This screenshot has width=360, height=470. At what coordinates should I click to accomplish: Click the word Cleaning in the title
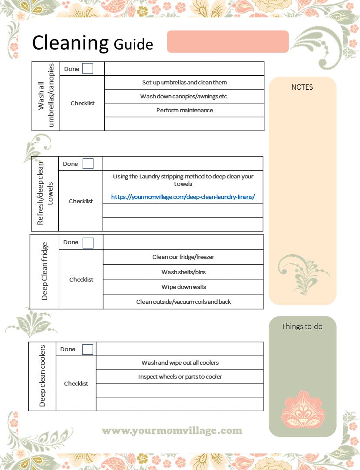click(x=70, y=43)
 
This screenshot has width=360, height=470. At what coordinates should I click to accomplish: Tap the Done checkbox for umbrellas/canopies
click(x=87, y=68)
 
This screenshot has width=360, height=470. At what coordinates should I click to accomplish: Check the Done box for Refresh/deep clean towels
click(x=88, y=164)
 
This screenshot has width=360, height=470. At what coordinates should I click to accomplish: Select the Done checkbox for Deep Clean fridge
click(x=88, y=242)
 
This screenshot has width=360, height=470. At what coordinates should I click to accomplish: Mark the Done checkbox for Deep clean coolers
click(x=87, y=349)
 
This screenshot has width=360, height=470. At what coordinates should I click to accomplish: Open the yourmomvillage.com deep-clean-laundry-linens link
click(x=183, y=197)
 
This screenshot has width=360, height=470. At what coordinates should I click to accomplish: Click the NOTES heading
click(x=302, y=87)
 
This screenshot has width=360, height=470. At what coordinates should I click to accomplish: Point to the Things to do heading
click(x=302, y=326)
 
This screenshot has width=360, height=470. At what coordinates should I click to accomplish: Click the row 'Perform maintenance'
click(x=184, y=110)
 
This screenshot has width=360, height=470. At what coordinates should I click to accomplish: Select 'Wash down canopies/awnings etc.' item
click(x=184, y=96)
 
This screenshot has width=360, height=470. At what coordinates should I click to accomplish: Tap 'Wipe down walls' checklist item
click(x=183, y=287)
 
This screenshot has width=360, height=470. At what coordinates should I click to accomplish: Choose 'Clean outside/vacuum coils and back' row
click(x=183, y=302)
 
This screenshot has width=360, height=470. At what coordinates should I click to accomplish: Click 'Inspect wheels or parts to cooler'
click(x=180, y=376)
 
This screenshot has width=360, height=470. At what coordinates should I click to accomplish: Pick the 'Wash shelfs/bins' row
click(x=183, y=272)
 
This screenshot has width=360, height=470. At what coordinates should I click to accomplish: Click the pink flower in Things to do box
click(x=303, y=409)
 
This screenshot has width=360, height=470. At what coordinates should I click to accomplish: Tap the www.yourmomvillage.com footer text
click(x=172, y=431)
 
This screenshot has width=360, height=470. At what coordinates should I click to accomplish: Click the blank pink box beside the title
click(x=227, y=41)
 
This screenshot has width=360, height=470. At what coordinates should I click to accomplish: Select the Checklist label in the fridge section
click(x=81, y=279)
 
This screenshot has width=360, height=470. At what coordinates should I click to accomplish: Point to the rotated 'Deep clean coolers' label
click(x=42, y=376)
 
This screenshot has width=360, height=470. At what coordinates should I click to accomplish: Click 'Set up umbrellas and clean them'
click(x=184, y=82)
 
